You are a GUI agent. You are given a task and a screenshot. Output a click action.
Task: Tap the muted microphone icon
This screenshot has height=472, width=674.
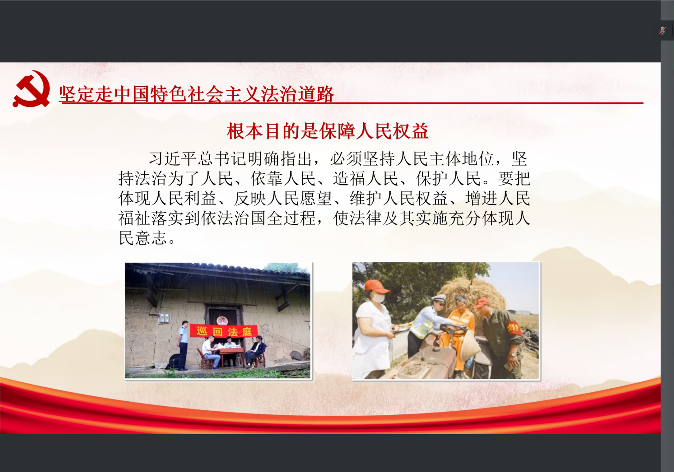point(662,30)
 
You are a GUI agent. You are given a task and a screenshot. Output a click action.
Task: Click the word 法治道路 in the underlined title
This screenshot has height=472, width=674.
point(297,94)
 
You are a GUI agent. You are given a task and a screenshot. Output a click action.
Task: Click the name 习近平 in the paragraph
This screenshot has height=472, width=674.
point(173,159)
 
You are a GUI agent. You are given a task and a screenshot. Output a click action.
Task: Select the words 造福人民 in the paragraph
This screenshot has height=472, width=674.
point(365,179)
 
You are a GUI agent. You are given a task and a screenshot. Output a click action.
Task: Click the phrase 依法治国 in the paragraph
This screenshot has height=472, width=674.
point(233,218)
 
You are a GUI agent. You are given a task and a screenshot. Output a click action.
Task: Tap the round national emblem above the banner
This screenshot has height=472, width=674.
point(222,320)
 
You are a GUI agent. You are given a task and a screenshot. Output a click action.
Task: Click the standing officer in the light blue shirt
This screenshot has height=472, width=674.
point(183,345)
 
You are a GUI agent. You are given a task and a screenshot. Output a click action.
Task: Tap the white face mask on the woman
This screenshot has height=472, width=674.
point(378,298)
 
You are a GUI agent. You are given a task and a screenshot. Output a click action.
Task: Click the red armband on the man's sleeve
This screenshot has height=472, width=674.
point(513,327)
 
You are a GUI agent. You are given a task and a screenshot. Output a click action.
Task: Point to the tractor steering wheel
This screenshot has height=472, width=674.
point(453,327)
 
